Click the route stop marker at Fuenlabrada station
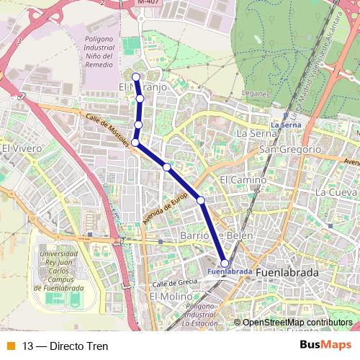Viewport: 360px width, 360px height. coord(225,264)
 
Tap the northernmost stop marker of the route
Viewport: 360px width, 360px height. coord(136,77)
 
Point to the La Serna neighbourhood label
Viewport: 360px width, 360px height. coord(257,133)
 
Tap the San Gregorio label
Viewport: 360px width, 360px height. coord(289,149)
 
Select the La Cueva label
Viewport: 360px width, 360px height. coord(336,192)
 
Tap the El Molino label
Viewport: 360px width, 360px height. coord(171,296)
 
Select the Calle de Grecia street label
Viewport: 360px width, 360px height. coord(174,282)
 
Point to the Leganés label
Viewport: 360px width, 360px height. coord(255,94)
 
